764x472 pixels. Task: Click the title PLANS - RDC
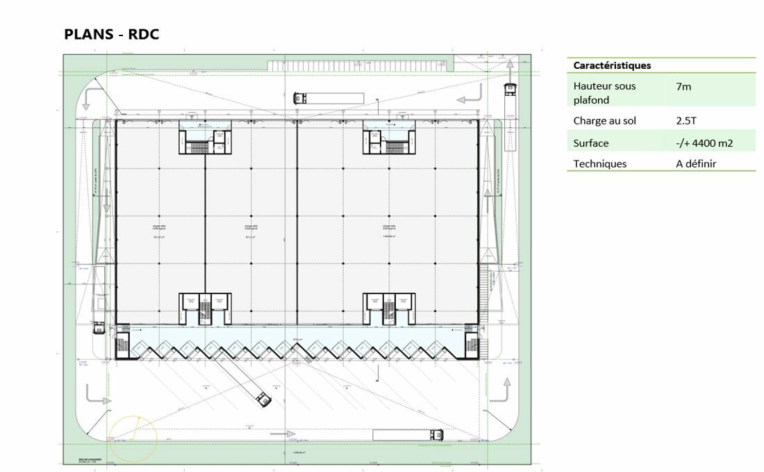[112, 34]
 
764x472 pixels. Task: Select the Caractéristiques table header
[612, 65]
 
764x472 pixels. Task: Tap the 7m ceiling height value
[683, 87]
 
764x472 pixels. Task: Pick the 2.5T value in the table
[686, 121]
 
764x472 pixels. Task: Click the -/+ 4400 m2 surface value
[704, 143]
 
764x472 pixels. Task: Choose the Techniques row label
[599, 164]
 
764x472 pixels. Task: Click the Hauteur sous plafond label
[604, 93]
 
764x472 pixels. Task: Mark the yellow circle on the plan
[133, 438]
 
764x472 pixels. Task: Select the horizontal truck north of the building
[326, 97]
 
